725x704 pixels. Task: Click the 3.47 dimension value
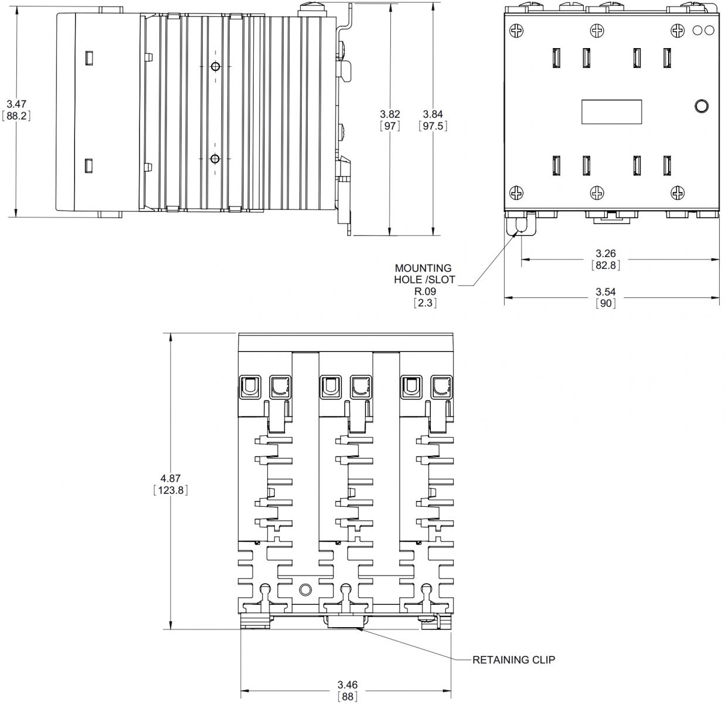click(x=16, y=104)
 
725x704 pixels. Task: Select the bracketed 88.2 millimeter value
click(x=16, y=116)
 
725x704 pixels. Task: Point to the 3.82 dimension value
click(x=390, y=114)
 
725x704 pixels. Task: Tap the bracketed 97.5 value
click(x=433, y=126)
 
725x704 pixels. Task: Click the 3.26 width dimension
click(x=605, y=253)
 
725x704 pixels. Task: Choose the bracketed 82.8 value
click(x=605, y=265)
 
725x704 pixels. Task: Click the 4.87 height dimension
click(x=171, y=478)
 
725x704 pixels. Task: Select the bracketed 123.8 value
click(x=171, y=490)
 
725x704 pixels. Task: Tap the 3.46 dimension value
click(x=347, y=684)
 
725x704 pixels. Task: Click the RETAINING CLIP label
click(x=514, y=659)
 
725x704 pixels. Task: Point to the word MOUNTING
click(x=423, y=268)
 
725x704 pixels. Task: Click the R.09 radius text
click(x=425, y=291)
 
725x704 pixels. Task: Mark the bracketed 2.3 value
click(x=425, y=303)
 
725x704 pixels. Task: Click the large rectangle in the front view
click(x=612, y=111)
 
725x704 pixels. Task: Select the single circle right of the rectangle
click(x=702, y=106)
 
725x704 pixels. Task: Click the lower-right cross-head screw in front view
click(x=678, y=193)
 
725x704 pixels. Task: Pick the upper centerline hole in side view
click(x=215, y=67)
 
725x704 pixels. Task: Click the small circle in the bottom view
click(x=305, y=590)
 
